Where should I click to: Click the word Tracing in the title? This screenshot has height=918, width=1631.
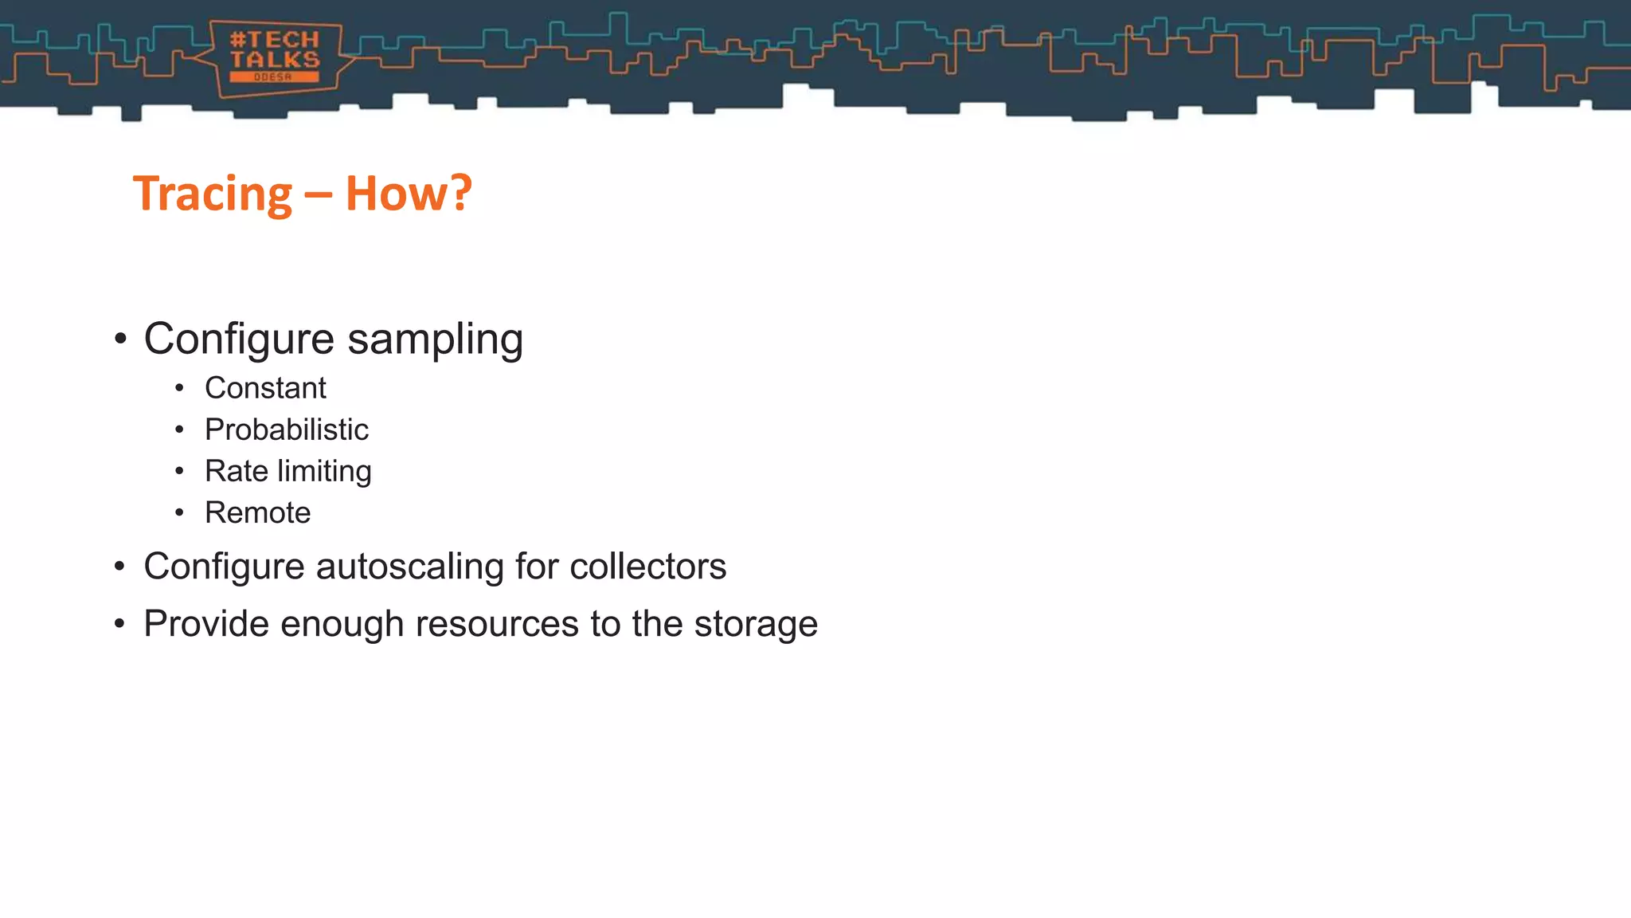[x=213, y=194]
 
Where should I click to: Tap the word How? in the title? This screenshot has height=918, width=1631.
[x=409, y=194]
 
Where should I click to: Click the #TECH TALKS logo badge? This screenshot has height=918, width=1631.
[x=275, y=58]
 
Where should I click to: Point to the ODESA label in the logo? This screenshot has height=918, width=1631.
[x=274, y=77]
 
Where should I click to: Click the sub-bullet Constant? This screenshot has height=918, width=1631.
[x=265, y=388]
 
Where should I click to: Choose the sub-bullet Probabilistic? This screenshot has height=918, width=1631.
[x=286, y=430]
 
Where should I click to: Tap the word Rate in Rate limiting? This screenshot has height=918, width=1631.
[x=236, y=471]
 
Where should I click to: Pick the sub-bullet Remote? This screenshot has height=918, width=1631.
[x=257, y=512]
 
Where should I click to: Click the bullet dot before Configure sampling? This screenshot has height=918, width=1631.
[x=120, y=339]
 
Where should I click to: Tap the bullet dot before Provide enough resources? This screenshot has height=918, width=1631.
[x=119, y=624]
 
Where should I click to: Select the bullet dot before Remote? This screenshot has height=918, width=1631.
[x=179, y=512]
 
